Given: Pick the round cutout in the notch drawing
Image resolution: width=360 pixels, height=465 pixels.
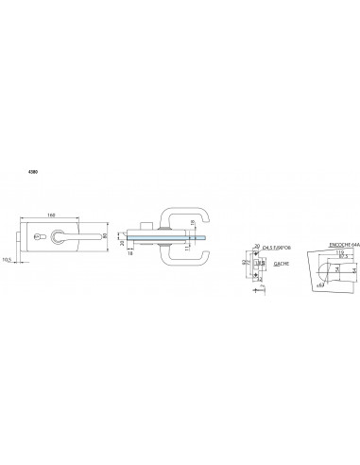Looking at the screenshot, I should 323,268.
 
